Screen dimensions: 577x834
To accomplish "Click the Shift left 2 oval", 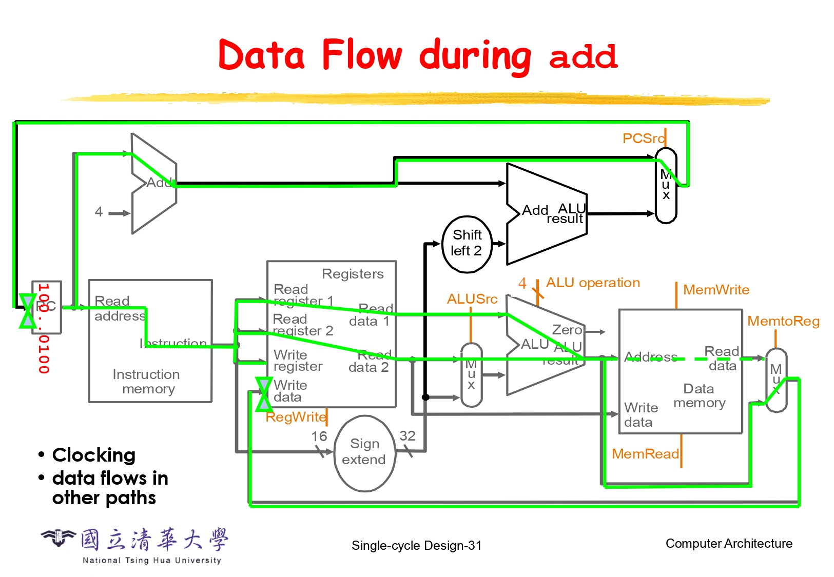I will coord(467,244).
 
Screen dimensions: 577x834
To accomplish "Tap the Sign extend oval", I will coord(364,452).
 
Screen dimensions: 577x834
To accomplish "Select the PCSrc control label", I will coord(643,138).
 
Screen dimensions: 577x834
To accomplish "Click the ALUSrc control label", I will coord(472,299).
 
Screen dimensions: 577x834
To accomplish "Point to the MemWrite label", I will coord(716,290).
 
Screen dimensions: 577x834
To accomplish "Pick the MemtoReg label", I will coord(783,322).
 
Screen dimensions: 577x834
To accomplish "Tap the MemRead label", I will coord(645,454).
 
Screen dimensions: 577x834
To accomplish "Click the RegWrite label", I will coord(296,417).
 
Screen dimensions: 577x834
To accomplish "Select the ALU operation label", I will coord(593,283).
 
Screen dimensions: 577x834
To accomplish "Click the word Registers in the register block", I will coord(353,274).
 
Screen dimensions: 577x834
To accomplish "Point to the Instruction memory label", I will coord(147,382).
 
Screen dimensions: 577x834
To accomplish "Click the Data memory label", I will coord(699,395).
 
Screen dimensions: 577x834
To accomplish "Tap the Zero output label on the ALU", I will coord(567,330).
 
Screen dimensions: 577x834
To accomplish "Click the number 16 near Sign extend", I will coord(319,436).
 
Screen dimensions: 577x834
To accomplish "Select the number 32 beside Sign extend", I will coord(407,436).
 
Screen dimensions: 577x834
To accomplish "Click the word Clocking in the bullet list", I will coord(94,455).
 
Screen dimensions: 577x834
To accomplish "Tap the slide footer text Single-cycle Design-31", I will coord(416,546).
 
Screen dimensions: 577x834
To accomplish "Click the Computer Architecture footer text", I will coord(729,544).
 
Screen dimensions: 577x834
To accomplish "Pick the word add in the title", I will coord(583,56).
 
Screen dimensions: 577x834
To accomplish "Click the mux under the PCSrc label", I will coord(666,186).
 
